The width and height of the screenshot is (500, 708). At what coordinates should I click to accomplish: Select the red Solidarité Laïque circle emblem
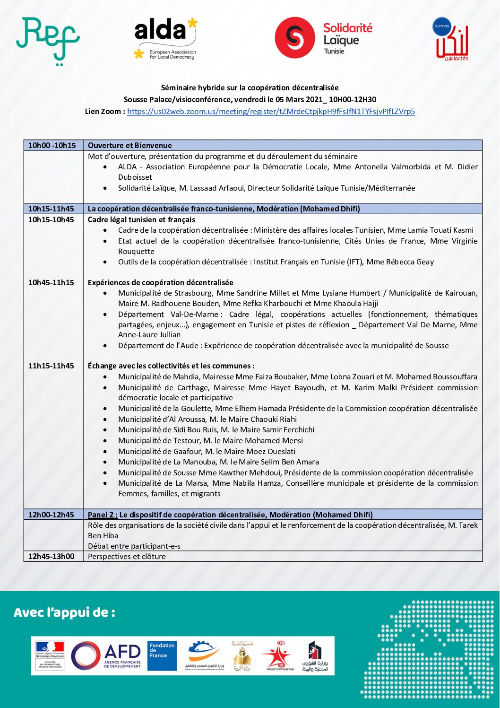[x=295, y=38]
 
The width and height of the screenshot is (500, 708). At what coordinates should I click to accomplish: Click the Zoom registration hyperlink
[x=271, y=112]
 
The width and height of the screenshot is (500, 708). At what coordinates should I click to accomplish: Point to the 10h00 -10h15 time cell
[x=52, y=146]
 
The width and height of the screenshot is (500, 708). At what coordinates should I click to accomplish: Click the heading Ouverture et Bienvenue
[x=130, y=146]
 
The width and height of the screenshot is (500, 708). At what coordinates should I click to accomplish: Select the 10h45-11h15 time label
[x=51, y=283]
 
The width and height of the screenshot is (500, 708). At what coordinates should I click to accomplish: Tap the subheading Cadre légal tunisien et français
[x=141, y=219]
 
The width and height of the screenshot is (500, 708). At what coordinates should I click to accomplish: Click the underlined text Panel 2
[x=103, y=515]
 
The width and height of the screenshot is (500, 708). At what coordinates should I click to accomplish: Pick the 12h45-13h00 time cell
[x=51, y=556]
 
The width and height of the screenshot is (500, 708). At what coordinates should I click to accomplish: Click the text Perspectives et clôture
[x=127, y=556]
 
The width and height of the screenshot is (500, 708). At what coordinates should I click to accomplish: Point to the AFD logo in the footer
[x=106, y=656]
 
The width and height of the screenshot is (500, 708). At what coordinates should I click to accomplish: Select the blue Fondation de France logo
[x=162, y=656]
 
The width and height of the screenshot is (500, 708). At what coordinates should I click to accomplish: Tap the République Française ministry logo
[x=50, y=656]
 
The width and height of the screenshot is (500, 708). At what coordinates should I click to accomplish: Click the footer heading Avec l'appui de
[x=64, y=613]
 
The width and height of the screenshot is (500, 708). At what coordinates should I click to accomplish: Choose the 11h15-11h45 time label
[x=51, y=366]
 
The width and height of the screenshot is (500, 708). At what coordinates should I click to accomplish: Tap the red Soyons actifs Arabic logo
[x=451, y=40]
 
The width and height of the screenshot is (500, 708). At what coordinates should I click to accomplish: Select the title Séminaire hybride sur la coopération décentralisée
[x=250, y=87]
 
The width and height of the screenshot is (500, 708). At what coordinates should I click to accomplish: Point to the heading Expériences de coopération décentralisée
[x=161, y=283]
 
